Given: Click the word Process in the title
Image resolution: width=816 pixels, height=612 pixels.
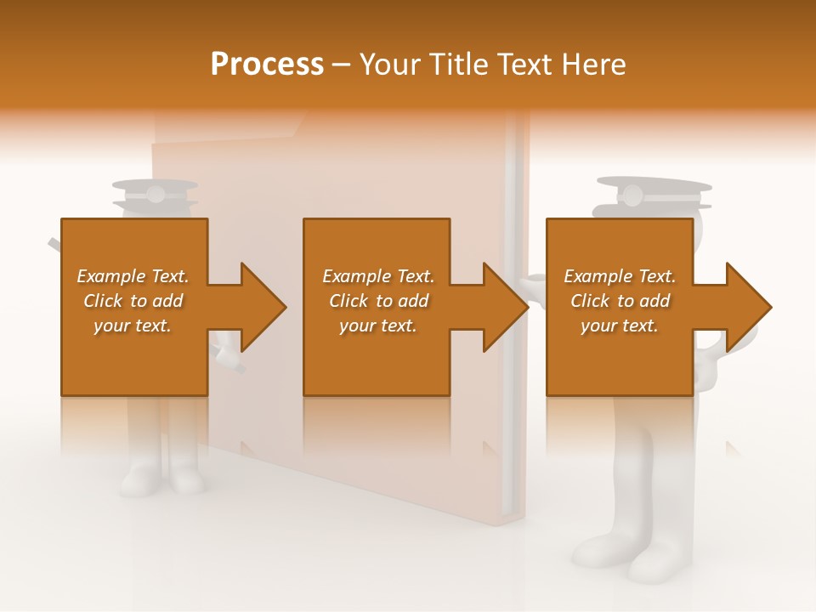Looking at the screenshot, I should click(x=267, y=65).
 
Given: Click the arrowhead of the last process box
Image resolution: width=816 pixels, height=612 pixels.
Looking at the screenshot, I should click(x=746, y=307).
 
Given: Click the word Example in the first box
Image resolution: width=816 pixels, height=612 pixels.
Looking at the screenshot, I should click(x=111, y=276).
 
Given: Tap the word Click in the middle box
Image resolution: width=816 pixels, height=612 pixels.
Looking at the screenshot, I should click(x=349, y=301).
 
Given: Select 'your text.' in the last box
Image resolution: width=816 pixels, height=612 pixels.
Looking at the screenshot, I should click(x=619, y=326).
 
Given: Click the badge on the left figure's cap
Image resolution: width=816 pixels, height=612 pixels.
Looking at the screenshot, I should click(x=155, y=195).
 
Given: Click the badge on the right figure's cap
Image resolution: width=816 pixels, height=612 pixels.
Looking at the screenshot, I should click(x=632, y=196).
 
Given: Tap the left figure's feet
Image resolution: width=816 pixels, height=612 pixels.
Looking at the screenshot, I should click(x=161, y=480).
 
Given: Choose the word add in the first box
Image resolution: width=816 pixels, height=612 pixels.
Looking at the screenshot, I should click(x=167, y=301).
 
